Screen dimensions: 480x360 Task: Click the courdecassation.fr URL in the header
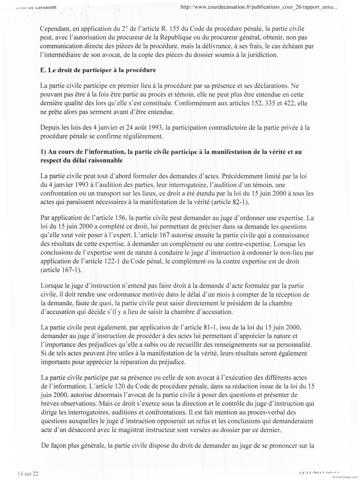click(x=259, y=8)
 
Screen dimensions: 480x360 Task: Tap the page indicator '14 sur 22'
click(x=28, y=474)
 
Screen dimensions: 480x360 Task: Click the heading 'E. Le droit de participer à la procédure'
click(x=98, y=70)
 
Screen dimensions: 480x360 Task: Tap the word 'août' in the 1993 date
click(x=142, y=127)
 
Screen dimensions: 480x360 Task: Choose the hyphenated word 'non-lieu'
click(x=286, y=253)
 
